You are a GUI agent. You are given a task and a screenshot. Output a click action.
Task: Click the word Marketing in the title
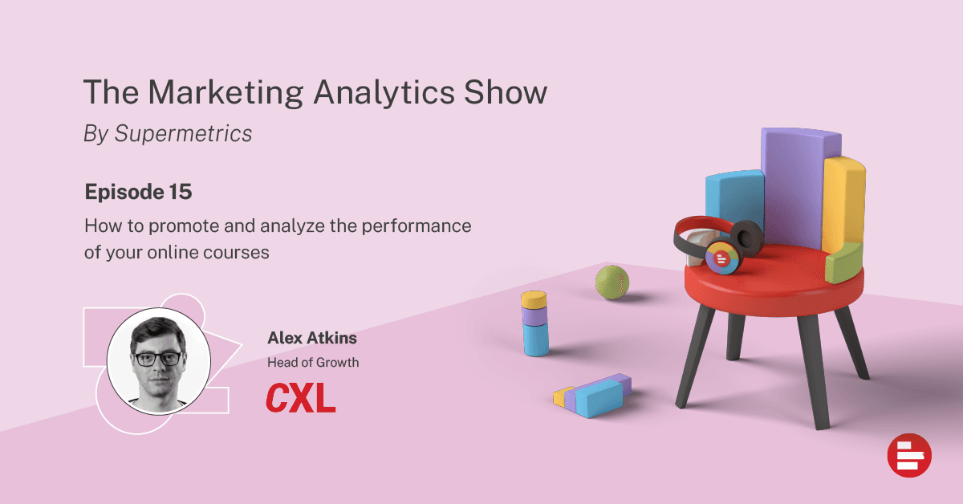pos(226,93)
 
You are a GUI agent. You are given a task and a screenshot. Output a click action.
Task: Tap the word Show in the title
pos(506,91)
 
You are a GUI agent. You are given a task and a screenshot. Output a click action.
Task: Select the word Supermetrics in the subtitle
pos(183,134)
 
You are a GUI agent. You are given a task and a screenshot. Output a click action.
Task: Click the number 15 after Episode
pos(181,192)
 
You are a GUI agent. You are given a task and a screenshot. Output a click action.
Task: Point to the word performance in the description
pos(416,226)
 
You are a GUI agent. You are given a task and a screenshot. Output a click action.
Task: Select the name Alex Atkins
pos(312,338)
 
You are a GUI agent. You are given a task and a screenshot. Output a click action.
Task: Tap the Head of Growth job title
pos(313,363)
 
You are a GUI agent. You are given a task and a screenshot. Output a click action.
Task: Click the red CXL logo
pos(300,398)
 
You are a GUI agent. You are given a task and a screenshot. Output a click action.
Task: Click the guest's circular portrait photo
pos(159,361)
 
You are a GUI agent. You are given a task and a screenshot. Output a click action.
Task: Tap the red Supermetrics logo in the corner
pos(909,455)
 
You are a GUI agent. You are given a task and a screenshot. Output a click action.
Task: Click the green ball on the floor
pos(612,282)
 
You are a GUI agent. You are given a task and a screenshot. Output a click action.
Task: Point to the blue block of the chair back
pos(734,197)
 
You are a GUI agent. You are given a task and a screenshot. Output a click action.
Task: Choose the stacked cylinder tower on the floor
pos(535,323)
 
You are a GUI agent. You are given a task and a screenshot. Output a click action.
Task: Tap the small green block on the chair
pos(844,262)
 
